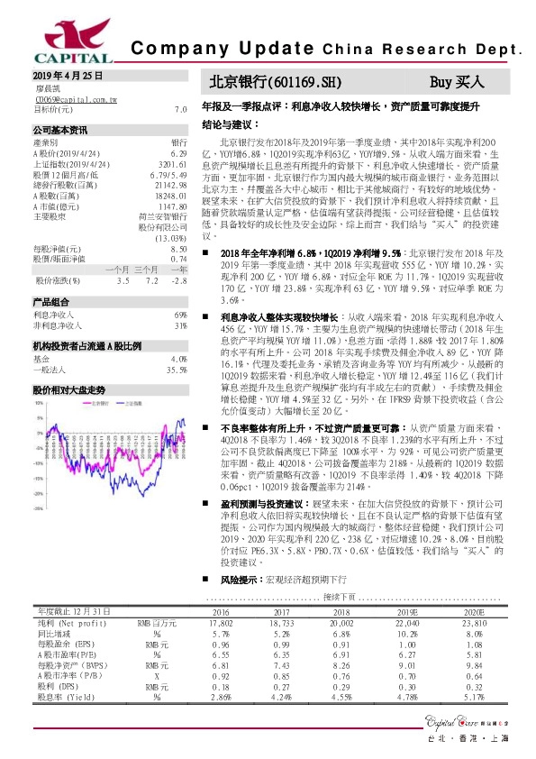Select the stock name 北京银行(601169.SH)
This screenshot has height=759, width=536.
276,81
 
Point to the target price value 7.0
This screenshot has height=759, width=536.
180,109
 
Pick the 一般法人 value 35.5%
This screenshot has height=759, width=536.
176,370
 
